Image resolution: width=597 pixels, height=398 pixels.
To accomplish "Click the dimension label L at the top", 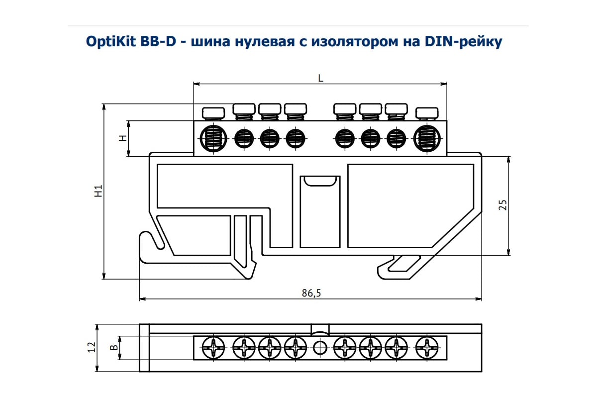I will (320, 78).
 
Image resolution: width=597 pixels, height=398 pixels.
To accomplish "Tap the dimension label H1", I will (99, 191).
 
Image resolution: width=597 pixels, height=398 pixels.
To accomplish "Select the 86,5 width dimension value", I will (311, 294).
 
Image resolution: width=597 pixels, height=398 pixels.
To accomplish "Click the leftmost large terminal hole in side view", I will (213, 137).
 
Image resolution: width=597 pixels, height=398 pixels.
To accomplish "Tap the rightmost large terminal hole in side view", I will (426, 137).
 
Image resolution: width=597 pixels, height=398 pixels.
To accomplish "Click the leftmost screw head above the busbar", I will (213, 112).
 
